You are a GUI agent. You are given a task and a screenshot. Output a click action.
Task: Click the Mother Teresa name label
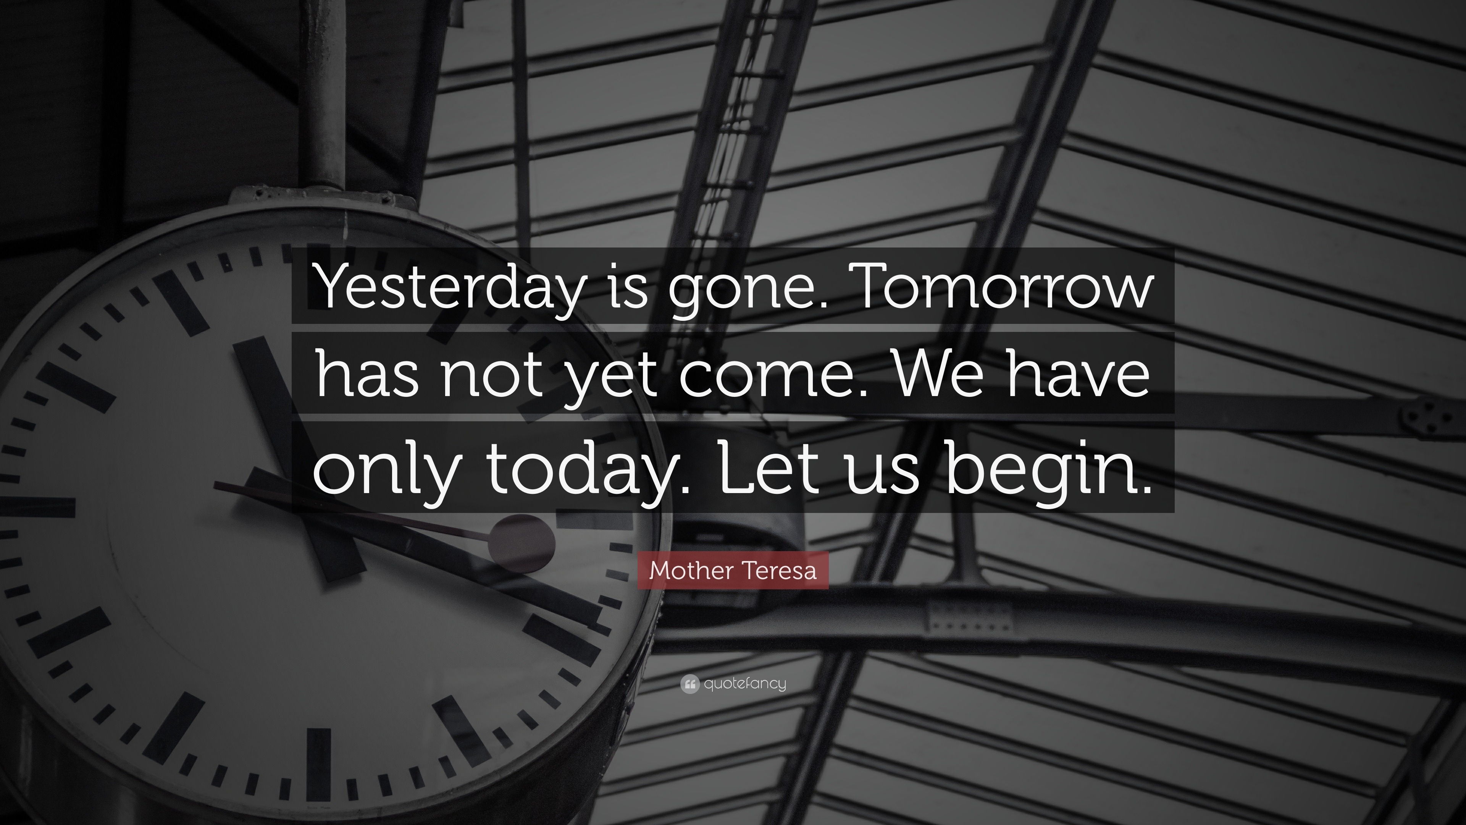pyautogui.click(x=733, y=570)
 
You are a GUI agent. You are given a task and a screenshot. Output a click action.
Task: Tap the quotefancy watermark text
pyautogui.click(x=745, y=683)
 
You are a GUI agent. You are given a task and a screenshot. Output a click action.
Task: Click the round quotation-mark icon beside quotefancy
pyautogui.click(x=690, y=684)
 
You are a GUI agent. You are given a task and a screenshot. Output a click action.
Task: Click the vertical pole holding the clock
pyautogui.click(x=325, y=94)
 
